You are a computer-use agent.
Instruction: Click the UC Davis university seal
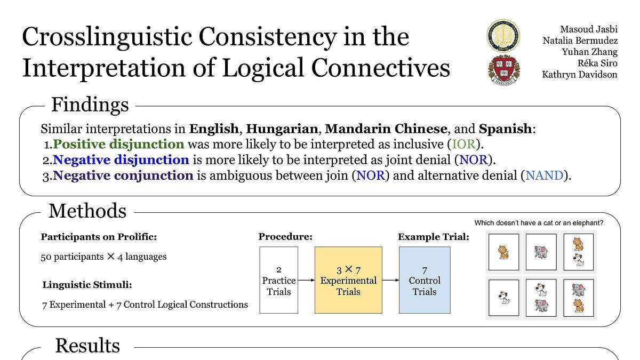point(503,36)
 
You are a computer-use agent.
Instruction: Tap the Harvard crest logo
point(503,70)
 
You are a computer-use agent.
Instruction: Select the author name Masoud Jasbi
point(589,29)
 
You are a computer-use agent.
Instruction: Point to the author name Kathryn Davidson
point(579,75)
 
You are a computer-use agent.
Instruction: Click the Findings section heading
point(90,105)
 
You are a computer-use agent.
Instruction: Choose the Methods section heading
point(87,211)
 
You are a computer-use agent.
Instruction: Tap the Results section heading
point(87,346)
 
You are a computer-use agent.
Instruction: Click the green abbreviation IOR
point(463,144)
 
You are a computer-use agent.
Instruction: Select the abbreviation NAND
point(545,175)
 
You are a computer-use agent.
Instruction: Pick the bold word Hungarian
point(282,129)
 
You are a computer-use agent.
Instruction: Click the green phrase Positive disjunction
point(118,144)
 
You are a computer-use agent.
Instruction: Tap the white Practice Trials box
point(278,280)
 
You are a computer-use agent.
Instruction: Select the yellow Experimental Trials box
point(348,280)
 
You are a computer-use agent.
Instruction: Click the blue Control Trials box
point(425,280)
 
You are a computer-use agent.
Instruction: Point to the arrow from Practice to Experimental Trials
point(306,281)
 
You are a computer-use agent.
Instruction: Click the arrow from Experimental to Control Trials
point(390,281)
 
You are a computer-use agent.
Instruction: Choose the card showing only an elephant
point(541,252)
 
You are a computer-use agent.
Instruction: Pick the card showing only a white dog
point(503,298)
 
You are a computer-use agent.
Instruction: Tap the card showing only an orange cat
point(503,252)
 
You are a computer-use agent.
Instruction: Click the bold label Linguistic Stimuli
point(87,285)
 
